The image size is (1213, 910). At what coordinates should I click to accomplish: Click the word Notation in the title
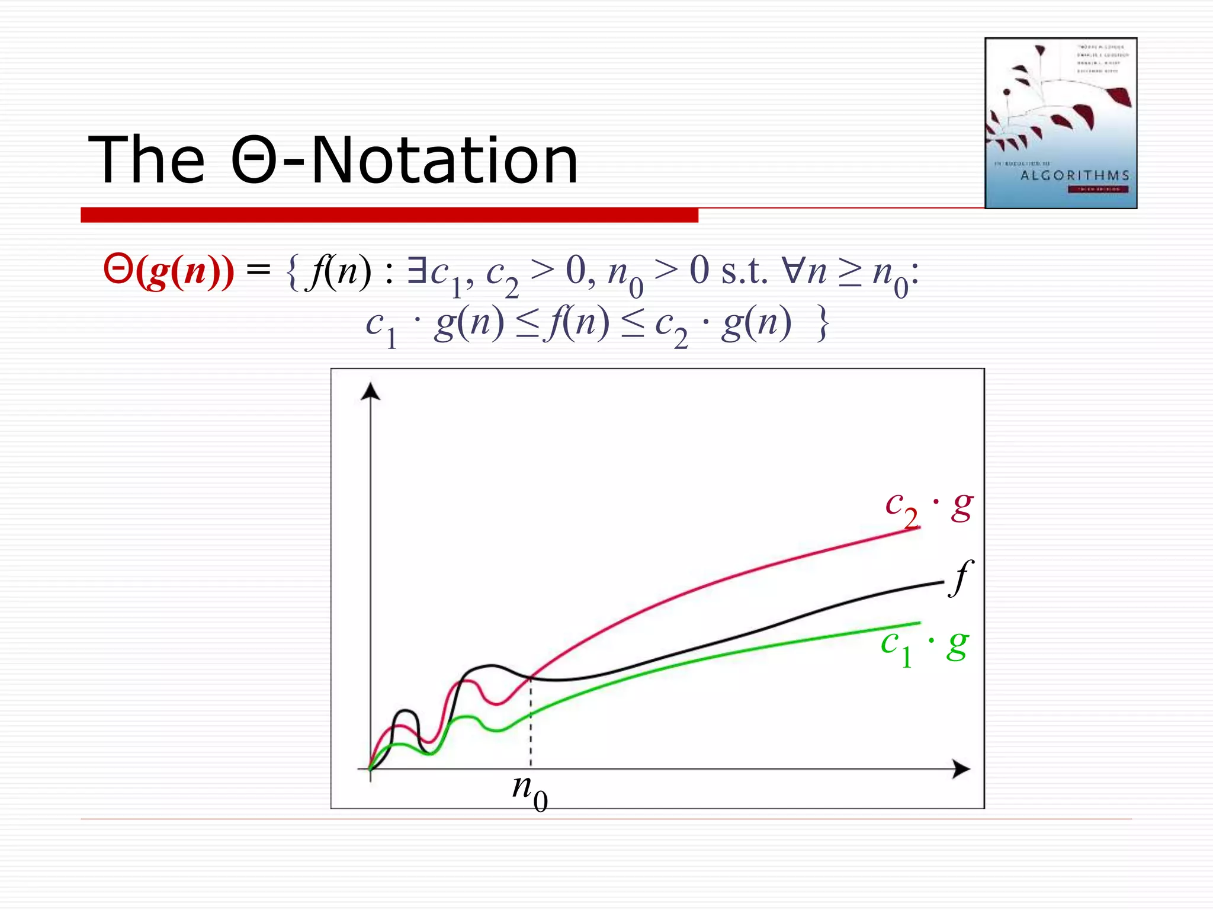click(x=444, y=160)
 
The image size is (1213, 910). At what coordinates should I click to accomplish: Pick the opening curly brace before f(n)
click(x=291, y=273)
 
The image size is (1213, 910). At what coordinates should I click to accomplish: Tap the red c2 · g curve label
click(x=928, y=507)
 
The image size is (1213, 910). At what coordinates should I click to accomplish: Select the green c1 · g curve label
click(x=924, y=646)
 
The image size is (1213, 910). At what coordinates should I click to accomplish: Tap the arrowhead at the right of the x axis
click(x=962, y=769)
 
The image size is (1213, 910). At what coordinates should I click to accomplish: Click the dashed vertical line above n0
click(x=531, y=723)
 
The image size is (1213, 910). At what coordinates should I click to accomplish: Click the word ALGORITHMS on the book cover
click(x=1074, y=175)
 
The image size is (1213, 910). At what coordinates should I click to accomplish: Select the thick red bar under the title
click(x=389, y=215)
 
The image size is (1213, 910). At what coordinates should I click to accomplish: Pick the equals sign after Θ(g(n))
click(x=258, y=271)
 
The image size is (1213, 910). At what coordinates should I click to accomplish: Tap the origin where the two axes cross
click(x=371, y=769)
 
